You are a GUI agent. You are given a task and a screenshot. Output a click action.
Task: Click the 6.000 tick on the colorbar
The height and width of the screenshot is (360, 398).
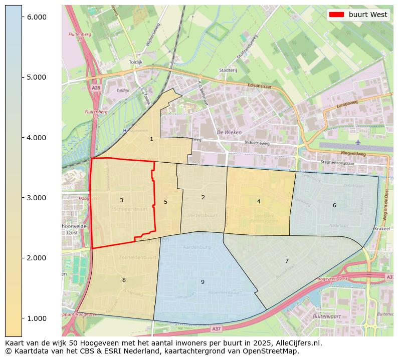(37, 17)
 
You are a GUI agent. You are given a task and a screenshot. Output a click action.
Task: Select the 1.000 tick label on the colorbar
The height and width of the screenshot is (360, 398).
(37, 318)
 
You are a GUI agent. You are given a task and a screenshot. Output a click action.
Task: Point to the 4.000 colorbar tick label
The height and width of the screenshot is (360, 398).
(37, 138)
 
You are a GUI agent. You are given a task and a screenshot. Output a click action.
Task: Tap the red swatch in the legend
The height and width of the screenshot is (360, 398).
(337, 15)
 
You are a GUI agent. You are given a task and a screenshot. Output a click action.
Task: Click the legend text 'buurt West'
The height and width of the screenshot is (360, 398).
(368, 15)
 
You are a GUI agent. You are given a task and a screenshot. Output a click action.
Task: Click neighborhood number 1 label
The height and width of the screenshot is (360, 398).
(151, 139)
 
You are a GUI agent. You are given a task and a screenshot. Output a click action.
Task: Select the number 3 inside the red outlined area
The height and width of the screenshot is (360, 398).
(121, 200)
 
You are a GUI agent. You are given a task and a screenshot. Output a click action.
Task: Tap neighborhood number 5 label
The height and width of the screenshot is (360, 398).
(165, 202)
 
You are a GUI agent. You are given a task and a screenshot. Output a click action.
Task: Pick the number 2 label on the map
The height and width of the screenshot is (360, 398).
(203, 197)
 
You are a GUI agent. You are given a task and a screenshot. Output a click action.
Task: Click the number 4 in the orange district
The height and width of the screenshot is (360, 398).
(259, 201)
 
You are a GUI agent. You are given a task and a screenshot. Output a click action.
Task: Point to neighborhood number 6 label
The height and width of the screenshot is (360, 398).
(334, 205)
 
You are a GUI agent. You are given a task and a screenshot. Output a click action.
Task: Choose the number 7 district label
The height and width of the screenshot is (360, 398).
(287, 261)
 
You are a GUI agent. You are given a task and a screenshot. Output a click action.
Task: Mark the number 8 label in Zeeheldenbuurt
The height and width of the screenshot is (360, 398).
(124, 280)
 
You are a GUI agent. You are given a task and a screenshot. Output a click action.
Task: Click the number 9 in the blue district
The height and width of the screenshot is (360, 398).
(203, 282)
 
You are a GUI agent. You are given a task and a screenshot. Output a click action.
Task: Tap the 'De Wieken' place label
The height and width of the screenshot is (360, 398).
(229, 132)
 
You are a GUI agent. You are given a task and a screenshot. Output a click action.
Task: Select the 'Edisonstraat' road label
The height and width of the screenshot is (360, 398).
(259, 86)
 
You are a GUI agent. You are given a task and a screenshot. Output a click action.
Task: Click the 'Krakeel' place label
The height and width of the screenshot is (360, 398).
(381, 228)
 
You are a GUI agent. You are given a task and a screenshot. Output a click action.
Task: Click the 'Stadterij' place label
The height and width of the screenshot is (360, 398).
(228, 70)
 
